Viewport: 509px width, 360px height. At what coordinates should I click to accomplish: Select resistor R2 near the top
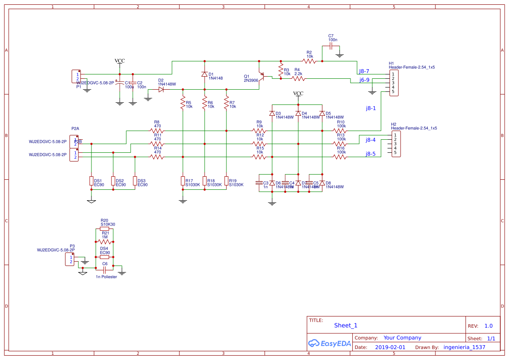click(310, 61)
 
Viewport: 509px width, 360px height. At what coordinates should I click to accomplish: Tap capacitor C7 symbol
click(331, 45)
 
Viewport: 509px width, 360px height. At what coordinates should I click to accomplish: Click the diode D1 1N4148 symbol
click(204, 74)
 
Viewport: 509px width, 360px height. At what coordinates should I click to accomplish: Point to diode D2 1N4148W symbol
click(161, 89)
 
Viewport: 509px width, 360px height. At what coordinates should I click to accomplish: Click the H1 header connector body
click(394, 83)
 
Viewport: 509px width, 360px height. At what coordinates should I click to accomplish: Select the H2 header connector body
click(396, 144)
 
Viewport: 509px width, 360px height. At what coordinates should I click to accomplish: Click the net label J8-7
click(364, 71)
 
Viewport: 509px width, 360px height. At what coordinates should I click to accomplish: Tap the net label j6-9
click(364, 80)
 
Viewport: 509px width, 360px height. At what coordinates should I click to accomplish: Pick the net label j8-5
click(370, 154)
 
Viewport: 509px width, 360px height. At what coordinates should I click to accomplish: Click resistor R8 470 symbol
click(157, 131)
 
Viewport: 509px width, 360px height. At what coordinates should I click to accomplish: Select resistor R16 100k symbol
click(340, 157)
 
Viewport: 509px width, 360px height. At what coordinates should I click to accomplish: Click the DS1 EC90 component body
click(91, 181)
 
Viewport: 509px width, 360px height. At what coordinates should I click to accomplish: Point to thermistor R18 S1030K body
click(204, 181)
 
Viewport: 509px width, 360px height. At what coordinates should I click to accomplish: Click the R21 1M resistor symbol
click(104, 242)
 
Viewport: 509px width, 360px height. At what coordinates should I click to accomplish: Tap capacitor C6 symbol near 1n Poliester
click(104, 269)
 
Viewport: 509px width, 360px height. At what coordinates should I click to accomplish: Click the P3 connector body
click(70, 259)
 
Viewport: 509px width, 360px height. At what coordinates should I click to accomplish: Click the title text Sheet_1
click(346, 325)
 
